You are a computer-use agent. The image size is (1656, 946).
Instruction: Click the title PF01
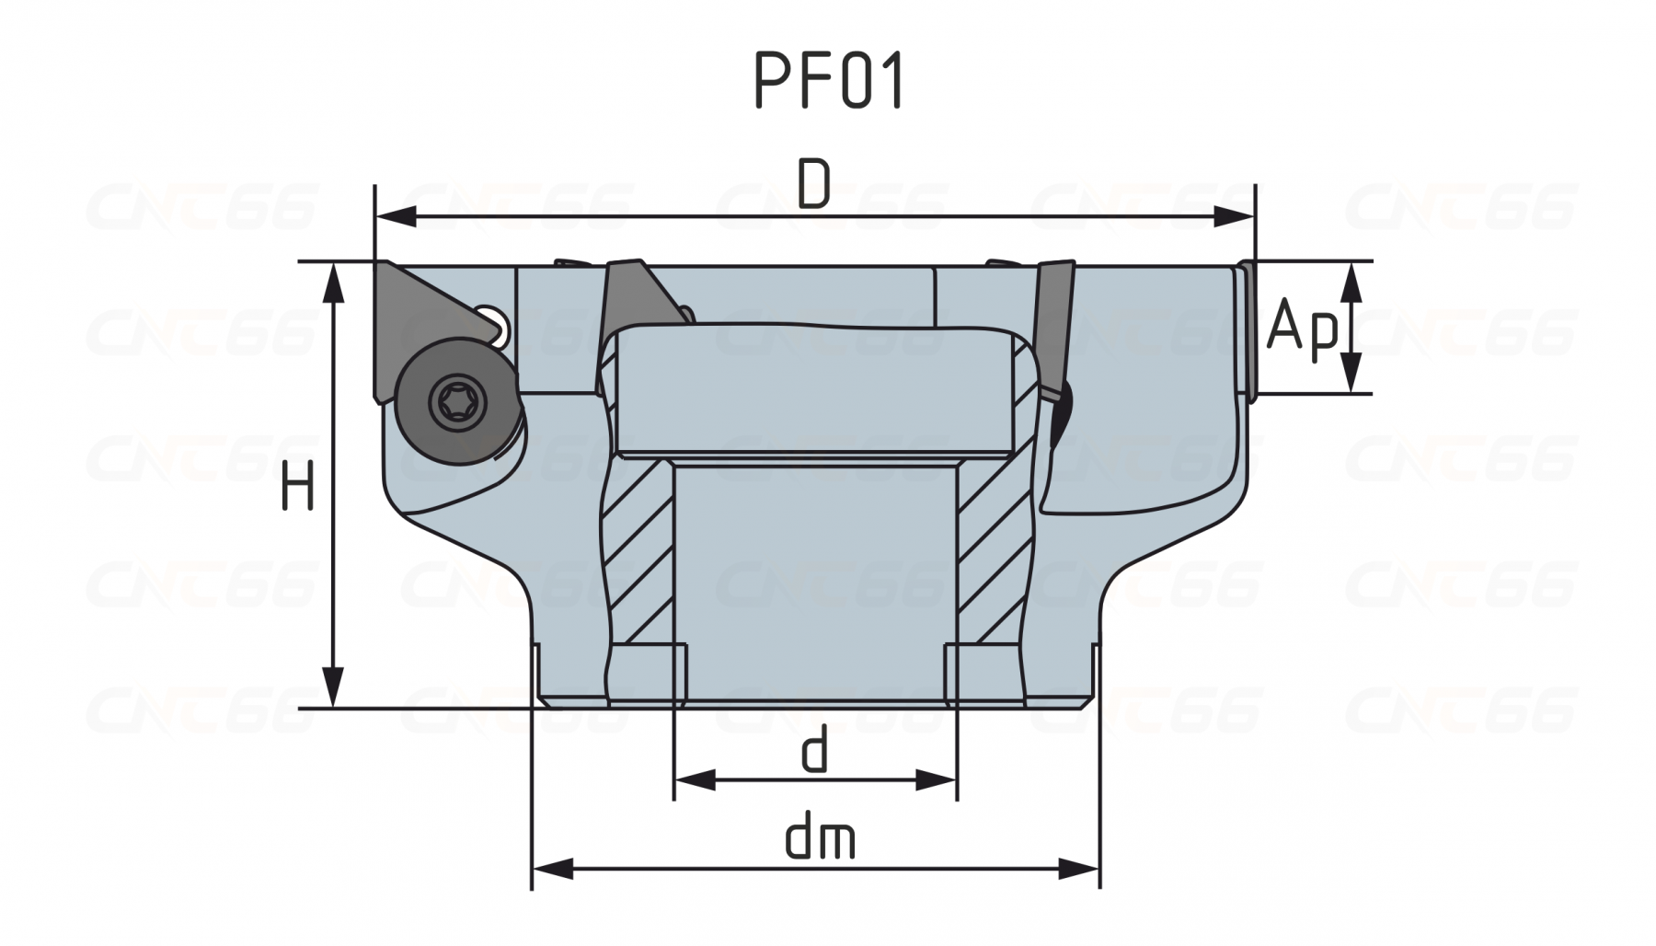(830, 81)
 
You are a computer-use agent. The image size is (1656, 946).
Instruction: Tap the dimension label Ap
(1302, 328)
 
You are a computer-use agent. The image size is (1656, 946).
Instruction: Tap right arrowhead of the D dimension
(1234, 217)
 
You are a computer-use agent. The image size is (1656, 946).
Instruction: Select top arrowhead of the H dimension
(334, 284)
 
